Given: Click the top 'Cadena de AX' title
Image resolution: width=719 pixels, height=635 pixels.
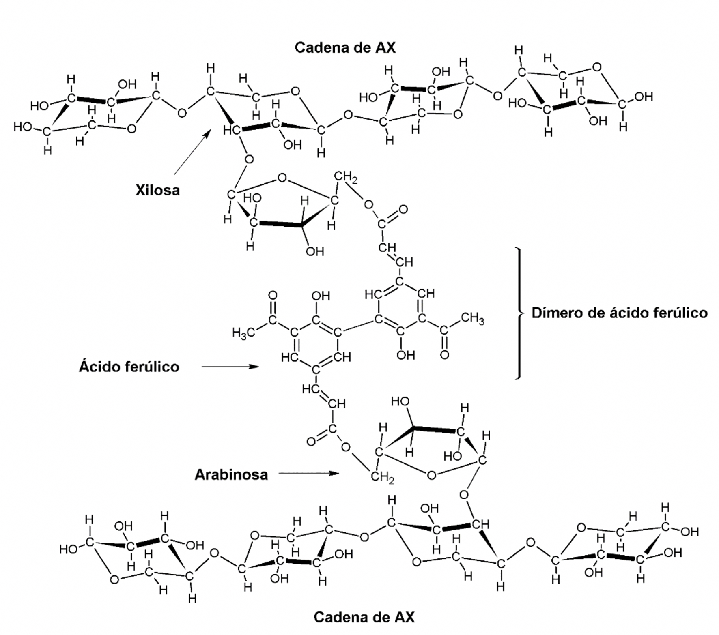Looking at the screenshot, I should click(x=344, y=48).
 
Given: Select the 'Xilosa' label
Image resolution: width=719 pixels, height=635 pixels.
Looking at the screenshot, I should click(x=157, y=190).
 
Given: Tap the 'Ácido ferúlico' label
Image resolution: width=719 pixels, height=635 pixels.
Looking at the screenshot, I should click(x=129, y=367).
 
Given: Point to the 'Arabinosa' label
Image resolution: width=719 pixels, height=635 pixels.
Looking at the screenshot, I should click(x=231, y=474).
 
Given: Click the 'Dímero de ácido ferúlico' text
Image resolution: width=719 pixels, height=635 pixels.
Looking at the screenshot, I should click(x=620, y=313).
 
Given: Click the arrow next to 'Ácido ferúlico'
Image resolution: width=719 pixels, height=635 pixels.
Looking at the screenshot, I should click(x=230, y=367).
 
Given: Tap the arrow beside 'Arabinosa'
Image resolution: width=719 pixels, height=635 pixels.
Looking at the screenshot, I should click(x=308, y=473).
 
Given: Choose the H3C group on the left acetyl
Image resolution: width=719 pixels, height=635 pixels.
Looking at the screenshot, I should click(x=243, y=333).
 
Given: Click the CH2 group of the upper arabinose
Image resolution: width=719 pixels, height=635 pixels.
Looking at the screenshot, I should click(x=345, y=177).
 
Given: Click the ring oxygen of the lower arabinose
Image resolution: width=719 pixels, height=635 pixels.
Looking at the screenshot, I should click(x=431, y=475).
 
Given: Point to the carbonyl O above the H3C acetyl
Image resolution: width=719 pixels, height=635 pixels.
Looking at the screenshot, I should click(x=273, y=295).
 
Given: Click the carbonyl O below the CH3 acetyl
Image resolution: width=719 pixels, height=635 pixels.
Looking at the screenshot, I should click(x=445, y=355).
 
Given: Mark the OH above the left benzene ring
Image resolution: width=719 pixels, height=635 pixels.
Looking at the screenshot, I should click(x=321, y=296).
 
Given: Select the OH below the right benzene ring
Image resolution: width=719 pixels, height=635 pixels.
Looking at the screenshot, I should click(x=405, y=355).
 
